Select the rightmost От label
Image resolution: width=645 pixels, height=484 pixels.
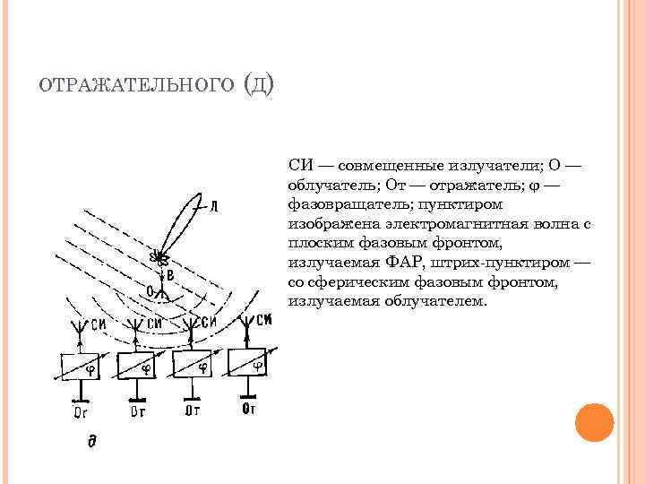249,411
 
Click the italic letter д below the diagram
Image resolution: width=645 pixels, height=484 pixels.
90,441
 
